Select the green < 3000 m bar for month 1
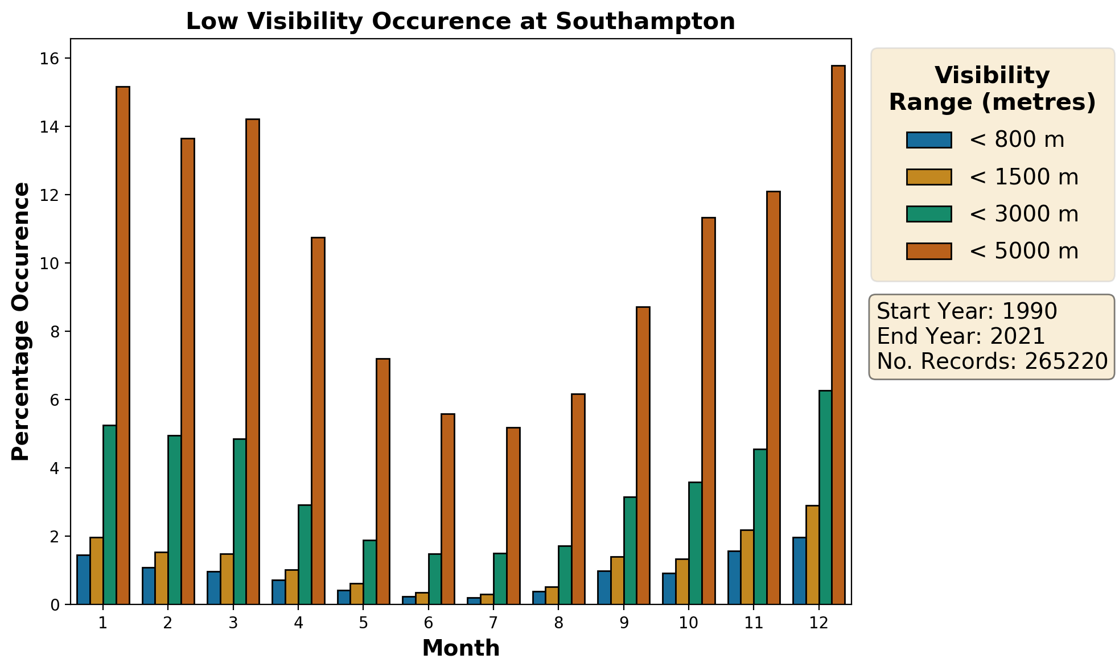[109, 514]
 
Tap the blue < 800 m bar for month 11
[734, 577]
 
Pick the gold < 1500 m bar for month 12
[812, 554]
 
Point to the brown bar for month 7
[513, 516]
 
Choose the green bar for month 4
[305, 554]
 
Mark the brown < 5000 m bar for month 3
[253, 361]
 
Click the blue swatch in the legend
[929, 140]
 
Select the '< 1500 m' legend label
[1023, 177]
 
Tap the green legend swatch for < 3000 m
[929, 214]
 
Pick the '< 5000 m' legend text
[1023, 251]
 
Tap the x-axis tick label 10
[688, 623]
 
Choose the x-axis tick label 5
[363, 623]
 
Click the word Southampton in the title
[645, 22]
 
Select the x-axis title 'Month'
[460, 648]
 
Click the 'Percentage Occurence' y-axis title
[21, 321]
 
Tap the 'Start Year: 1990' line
[966, 311]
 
